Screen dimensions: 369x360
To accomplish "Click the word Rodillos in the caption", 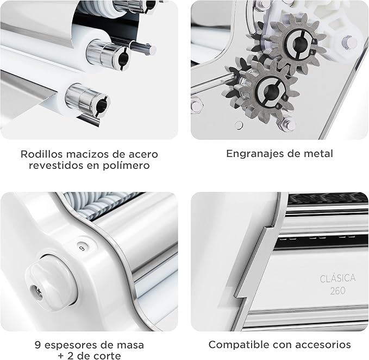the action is (42, 154).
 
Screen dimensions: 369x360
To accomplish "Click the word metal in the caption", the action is (318, 154).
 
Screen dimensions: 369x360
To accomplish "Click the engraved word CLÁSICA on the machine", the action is (337, 279).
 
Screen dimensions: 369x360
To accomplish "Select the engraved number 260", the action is (337, 291).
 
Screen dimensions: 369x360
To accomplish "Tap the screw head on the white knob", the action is (37, 292).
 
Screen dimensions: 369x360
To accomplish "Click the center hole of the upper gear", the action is (297, 43).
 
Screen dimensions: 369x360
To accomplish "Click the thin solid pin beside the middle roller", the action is (143, 49).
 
